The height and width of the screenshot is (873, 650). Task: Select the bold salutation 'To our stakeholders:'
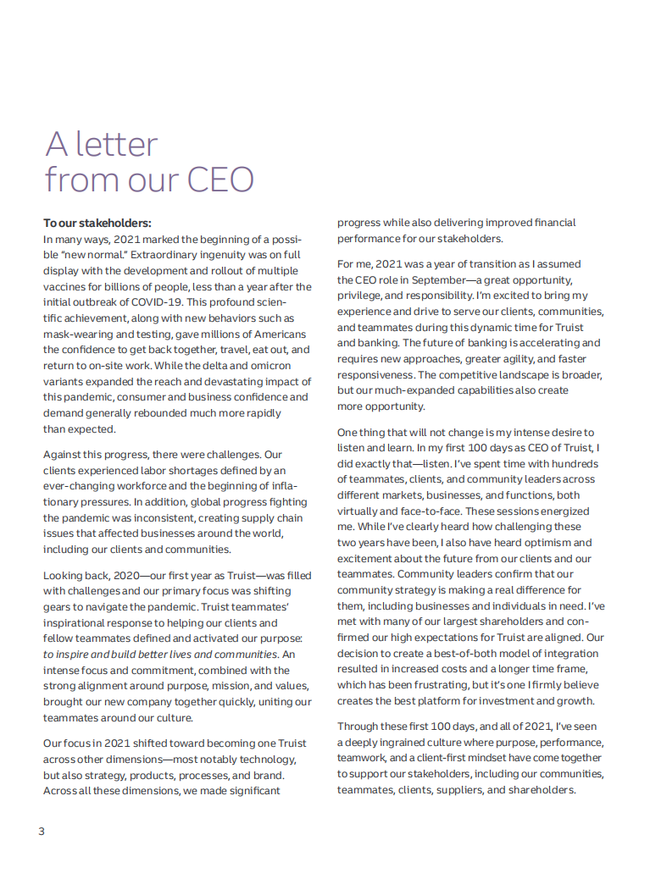tap(97, 223)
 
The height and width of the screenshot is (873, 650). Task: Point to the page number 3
tap(42, 831)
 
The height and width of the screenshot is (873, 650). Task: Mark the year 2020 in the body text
tap(119, 575)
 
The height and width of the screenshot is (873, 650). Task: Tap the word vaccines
tap(64, 286)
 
